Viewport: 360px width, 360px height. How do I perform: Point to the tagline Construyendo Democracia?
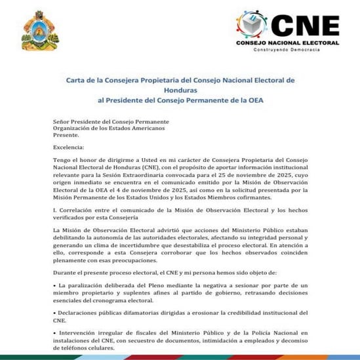288,50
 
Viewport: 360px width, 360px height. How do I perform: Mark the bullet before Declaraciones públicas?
55,314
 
